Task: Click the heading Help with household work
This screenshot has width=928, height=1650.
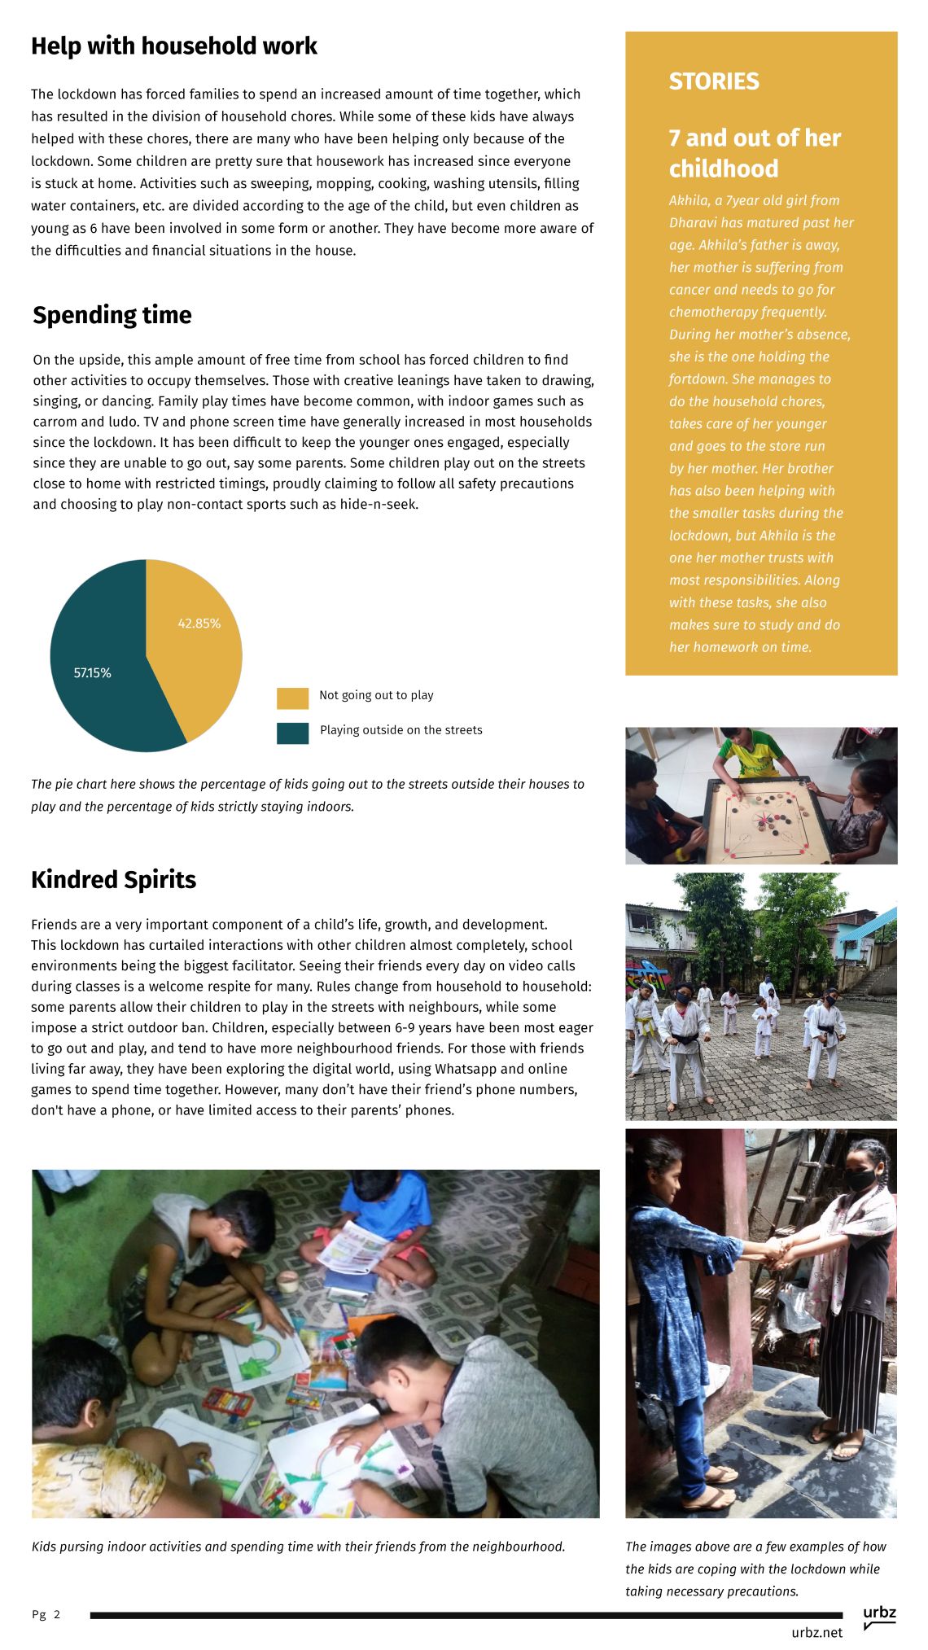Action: pyautogui.click(x=173, y=46)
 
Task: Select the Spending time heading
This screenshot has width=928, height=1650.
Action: pyautogui.click(x=112, y=315)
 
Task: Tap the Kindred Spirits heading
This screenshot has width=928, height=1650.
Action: pyautogui.click(x=113, y=880)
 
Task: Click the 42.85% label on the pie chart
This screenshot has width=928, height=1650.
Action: pyautogui.click(x=199, y=624)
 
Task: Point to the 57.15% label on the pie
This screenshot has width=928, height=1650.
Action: pyautogui.click(x=92, y=673)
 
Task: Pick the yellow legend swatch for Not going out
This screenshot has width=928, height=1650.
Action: pyautogui.click(x=292, y=698)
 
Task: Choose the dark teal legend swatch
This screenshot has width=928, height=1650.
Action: pyautogui.click(x=292, y=733)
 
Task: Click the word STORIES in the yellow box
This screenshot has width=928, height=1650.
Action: pyautogui.click(x=714, y=81)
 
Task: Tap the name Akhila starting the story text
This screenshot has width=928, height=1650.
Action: pyautogui.click(x=689, y=200)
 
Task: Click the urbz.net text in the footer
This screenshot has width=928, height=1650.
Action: pyautogui.click(x=816, y=1632)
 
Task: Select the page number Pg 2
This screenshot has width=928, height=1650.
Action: pyautogui.click(x=46, y=1614)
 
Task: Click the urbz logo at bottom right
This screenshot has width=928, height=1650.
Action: pyautogui.click(x=879, y=1616)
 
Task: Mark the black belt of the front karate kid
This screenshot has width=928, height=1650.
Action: pyautogui.click(x=685, y=1039)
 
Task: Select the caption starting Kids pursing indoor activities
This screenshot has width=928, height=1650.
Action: pyautogui.click(x=298, y=1547)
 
